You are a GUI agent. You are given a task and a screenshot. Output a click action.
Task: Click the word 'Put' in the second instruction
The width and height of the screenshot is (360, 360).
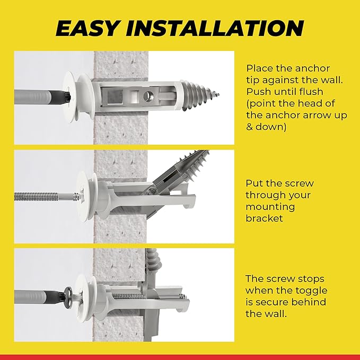pos(254,183)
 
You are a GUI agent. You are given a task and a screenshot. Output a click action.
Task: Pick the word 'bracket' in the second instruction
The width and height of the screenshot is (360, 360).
pos(264,218)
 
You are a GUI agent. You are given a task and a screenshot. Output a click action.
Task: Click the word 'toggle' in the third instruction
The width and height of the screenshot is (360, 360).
pos(312,291)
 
